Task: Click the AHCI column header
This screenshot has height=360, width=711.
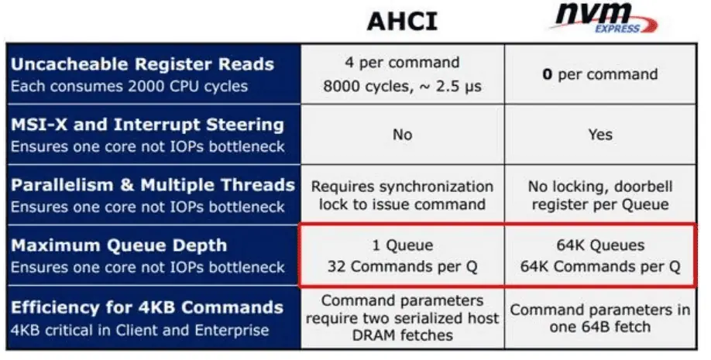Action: point(402,22)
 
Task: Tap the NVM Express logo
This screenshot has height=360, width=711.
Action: point(603,18)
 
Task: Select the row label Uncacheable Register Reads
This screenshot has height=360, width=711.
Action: point(143,64)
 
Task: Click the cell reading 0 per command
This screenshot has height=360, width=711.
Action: point(600,74)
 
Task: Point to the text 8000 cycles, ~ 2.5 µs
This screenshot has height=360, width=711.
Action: point(402,86)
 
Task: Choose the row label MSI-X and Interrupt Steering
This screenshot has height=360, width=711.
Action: point(147,125)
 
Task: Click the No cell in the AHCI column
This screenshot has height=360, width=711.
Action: point(402,135)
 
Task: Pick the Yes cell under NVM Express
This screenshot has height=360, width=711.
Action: point(600,135)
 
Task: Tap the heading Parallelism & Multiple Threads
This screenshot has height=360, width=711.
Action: point(153,185)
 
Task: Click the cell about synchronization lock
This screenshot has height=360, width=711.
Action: point(402,195)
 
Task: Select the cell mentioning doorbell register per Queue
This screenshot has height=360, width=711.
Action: point(600,195)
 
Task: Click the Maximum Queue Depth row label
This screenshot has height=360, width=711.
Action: point(118,245)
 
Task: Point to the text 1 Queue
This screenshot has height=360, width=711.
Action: point(402,245)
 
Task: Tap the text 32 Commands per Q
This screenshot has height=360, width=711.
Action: point(402,266)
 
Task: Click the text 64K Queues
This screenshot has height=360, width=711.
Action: point(600,245)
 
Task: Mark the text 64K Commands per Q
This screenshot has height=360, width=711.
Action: point(600,266)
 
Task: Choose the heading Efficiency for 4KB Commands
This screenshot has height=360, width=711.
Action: point(147,307)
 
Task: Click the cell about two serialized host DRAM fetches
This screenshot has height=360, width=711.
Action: point(402,318)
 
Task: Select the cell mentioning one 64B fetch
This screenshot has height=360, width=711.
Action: point(600,318)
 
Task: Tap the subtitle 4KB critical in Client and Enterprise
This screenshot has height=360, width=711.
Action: point(139,330)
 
